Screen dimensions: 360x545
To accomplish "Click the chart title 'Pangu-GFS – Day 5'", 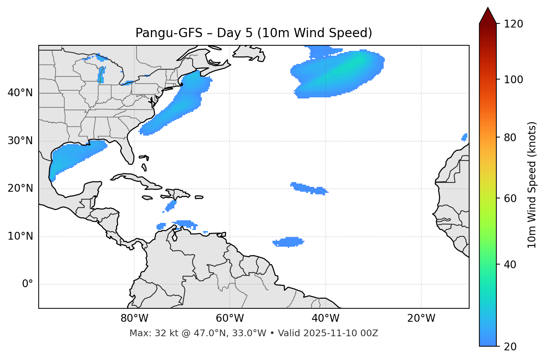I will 254,33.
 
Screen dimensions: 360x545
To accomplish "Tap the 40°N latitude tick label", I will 20,93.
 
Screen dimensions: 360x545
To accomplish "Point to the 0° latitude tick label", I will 27,284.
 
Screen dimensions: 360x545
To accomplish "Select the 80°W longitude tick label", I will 134,318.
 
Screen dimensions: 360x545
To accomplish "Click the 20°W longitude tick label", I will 421,318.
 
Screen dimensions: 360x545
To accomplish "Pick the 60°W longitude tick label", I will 230,318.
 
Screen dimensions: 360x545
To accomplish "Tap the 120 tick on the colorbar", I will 513,24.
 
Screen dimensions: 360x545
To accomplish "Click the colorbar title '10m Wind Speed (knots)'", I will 532,185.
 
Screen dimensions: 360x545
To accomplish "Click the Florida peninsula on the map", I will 127,150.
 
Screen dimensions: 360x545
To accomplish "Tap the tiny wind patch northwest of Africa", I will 464,137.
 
